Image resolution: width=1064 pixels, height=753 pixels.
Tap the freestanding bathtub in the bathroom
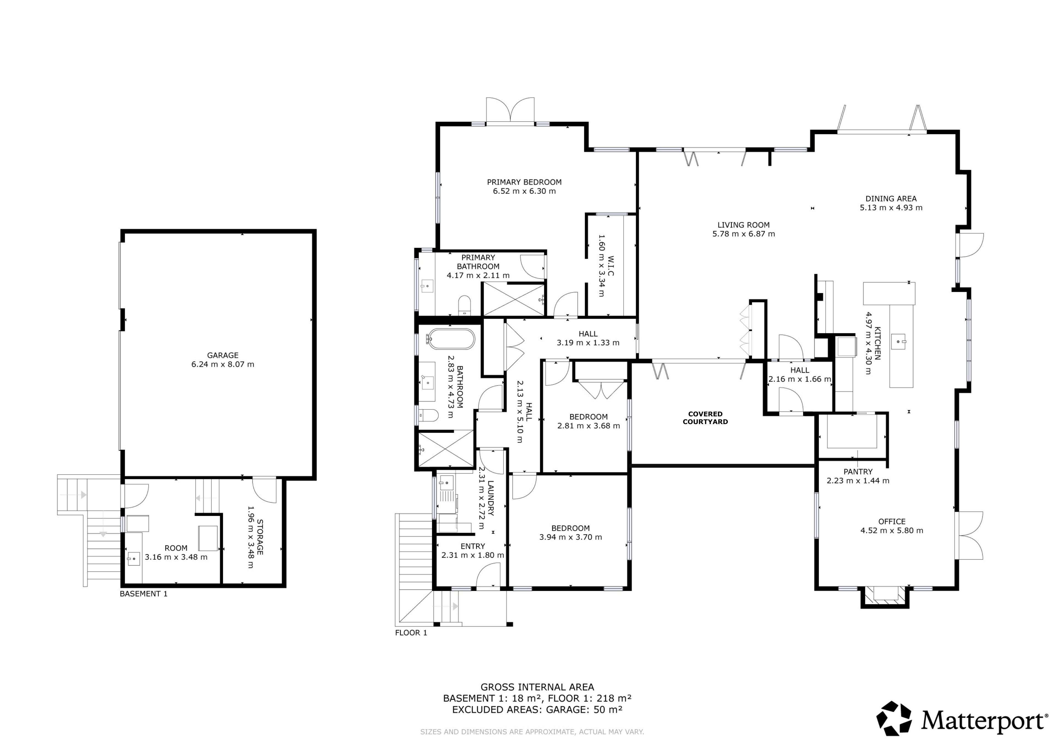pyautogui.click(x=451, y=339)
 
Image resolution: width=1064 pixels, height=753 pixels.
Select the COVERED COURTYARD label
pyautogui.click(x=705, y=418)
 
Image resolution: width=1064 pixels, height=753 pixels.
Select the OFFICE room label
pyautogui.click(x=891, y=522)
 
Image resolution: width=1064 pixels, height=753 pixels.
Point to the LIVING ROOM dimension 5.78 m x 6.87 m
pyautogui.click(x=743, y=234)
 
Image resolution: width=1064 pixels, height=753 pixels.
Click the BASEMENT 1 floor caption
pyautogui.click(x=144, y=594)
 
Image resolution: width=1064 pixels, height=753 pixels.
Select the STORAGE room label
pyautogui.click(x=260, y=537)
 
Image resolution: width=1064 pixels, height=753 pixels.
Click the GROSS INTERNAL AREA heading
pyautogui.click(x=537, y=687)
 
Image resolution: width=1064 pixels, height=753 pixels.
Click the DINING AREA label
pyautogui.click(x=891, y=199)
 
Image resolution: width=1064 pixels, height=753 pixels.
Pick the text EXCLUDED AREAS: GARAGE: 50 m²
pyautogui.click(x=537, y=709)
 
